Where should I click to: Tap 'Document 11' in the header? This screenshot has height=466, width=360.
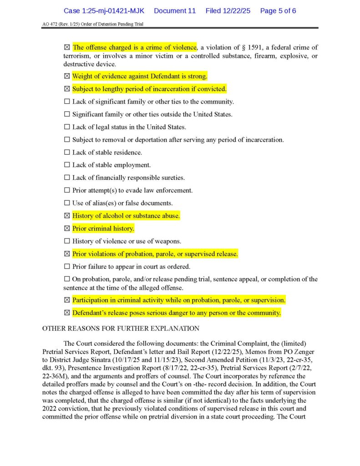[x=175, y=10]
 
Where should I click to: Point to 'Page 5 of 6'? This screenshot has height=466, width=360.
[x=278, y=10]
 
